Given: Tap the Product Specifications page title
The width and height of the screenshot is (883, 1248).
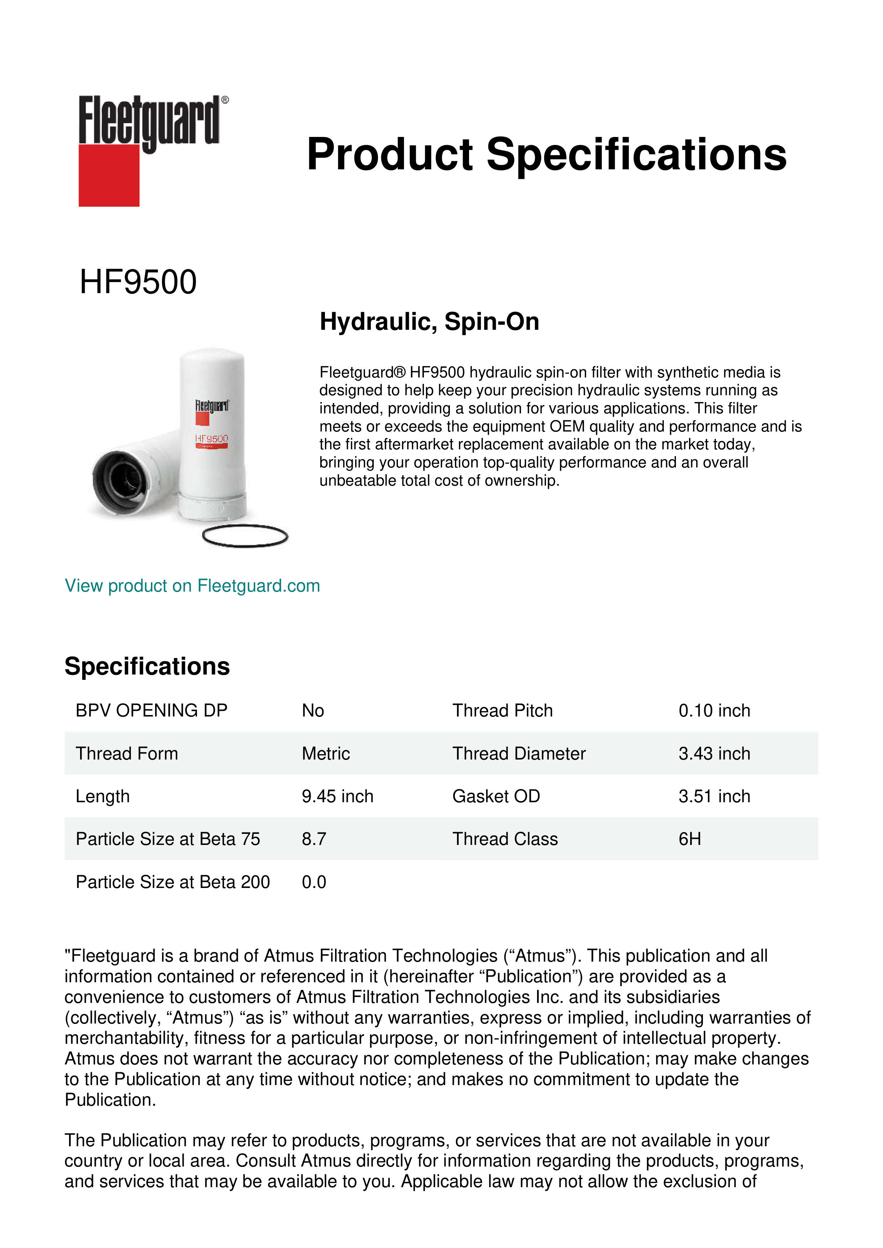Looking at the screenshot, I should (x=546, y=154).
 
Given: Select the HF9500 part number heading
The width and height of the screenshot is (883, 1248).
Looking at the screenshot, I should (x=138, y=282).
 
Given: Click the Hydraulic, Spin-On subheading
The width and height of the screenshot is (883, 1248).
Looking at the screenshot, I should (x=429, y=321).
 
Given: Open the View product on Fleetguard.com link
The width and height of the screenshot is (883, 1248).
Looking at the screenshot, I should (x=192, y=586).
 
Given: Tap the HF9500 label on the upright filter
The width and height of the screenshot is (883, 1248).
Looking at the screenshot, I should (x=211, y=438).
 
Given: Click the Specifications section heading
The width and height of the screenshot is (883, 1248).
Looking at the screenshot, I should (x=147, y=666).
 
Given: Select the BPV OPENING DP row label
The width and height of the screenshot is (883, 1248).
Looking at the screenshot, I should (x=151, y=710).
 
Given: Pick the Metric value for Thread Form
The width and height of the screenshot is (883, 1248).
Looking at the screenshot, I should (x=326, y=753).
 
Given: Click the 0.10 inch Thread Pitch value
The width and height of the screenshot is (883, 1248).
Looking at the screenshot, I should (x=714, y=710).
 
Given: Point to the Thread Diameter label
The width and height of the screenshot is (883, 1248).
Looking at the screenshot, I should (x=519, y=753).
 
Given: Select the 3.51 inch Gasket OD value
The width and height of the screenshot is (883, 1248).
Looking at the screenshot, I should (x=714, y=796).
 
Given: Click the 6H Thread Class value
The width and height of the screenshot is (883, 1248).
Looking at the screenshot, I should (x=689, y=839).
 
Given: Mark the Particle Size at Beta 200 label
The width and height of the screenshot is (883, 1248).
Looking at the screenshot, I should (x=172, y=882).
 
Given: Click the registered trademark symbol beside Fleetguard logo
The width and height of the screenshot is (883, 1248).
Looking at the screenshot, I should (x=225, y=100).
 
